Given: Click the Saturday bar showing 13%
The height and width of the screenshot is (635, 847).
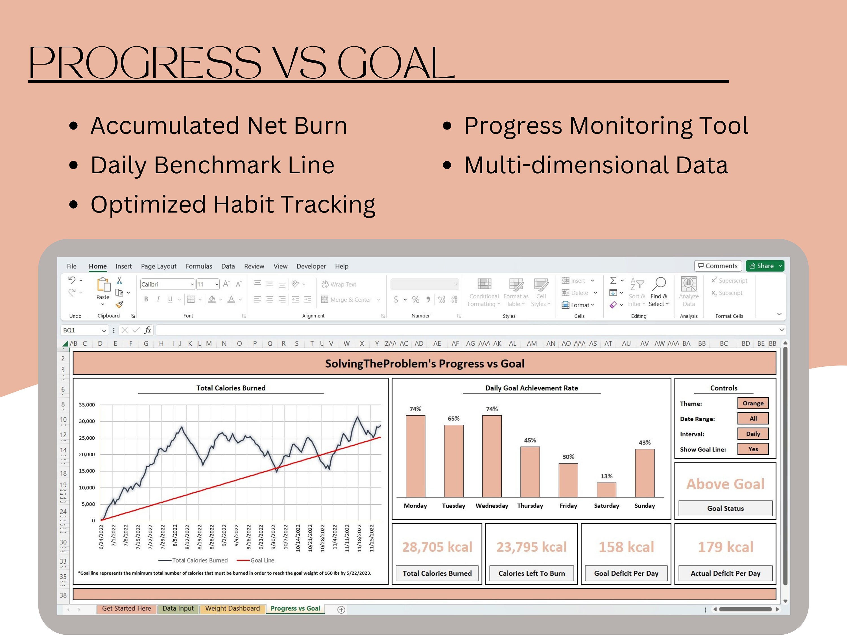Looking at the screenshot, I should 606,490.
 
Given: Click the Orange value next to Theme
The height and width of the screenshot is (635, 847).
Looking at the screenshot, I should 752,403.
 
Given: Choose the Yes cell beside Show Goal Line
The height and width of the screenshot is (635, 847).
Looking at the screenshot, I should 752,449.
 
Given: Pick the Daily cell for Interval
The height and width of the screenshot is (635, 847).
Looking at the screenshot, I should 752,434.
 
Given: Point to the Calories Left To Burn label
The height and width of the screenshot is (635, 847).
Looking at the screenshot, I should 531,573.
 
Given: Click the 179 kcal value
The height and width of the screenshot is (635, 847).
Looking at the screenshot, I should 725,547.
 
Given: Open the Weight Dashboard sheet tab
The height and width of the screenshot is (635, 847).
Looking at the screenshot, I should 232,608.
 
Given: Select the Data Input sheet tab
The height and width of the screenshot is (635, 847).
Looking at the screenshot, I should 178,608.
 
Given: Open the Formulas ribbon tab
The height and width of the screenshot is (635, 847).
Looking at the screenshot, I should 199,266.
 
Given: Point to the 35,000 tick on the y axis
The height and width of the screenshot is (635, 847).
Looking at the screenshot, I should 87,405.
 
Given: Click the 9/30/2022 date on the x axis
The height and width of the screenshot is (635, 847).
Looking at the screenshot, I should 273,537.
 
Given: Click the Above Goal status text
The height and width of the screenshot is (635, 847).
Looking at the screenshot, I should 725,484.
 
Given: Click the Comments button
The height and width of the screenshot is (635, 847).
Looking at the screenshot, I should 718,266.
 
